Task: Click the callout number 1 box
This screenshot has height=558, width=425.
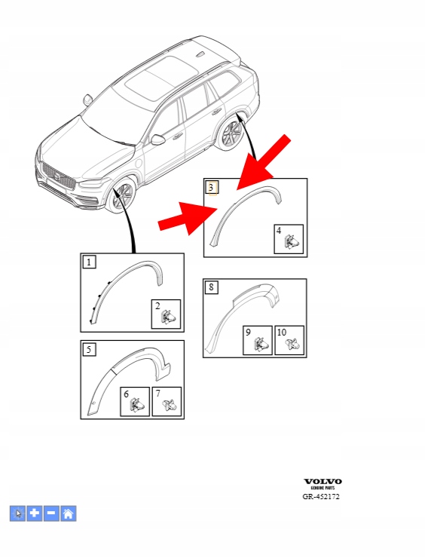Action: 89,262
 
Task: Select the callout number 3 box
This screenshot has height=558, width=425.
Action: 212,187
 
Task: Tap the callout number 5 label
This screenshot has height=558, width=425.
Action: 89,349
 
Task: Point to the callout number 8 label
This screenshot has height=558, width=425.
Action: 211,287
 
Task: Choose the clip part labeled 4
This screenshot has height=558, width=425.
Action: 292,242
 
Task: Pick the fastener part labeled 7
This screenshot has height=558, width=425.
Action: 170,405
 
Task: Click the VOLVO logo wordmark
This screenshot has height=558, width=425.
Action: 323,482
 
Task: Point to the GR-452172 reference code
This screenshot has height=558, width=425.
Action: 321,496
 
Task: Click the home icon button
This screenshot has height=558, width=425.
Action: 69,514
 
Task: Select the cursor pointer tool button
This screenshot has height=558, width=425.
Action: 18,514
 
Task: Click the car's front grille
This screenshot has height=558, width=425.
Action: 59,176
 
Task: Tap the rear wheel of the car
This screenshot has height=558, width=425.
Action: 232,135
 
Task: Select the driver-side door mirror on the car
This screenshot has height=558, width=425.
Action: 158,139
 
